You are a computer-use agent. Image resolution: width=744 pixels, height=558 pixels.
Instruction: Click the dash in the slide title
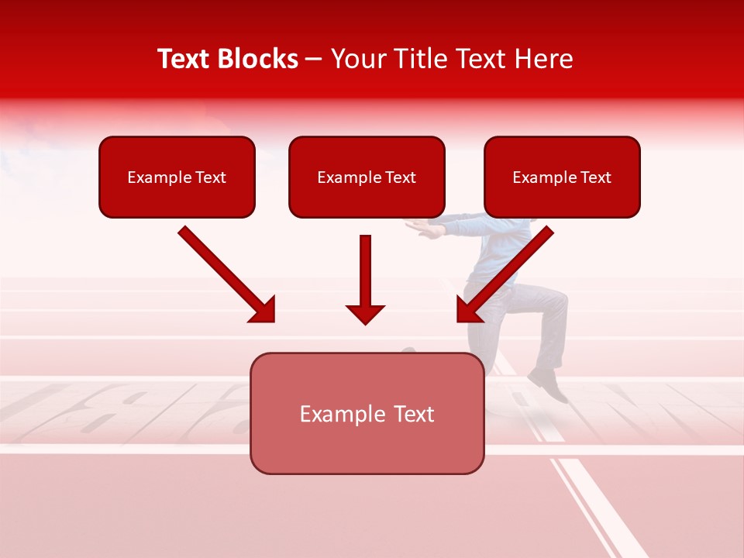[x=314, y=60]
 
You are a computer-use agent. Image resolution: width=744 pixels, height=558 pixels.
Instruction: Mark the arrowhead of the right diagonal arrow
[x=469, y=309]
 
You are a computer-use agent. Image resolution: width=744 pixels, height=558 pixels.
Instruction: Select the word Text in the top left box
[x=211, y=177]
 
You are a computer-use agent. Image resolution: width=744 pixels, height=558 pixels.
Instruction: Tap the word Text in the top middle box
[x=401, y=177]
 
